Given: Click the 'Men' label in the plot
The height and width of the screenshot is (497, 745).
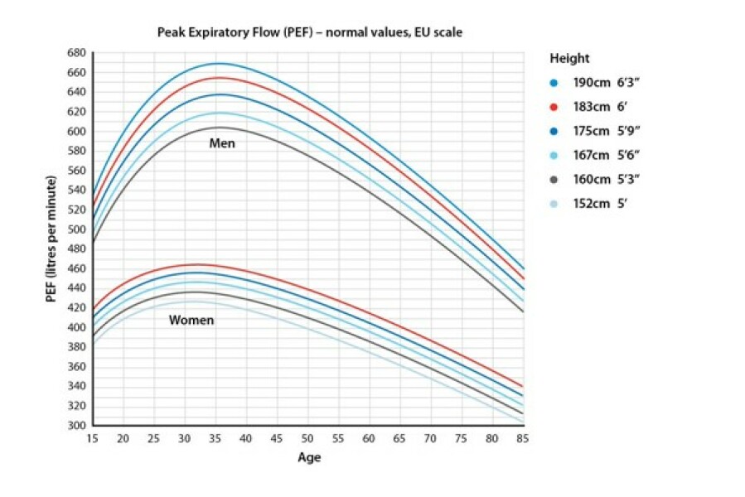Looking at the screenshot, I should click(x=222, y=143).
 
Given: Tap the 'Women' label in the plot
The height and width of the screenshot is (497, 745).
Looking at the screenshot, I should click(x=191, y=321).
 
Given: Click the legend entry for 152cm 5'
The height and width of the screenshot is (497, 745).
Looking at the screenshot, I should click(x=598, y=202).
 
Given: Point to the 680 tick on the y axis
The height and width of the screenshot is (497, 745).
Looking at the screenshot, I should click(x=76, y=53).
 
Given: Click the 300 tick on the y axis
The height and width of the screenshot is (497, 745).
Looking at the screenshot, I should click(x=76, y=426).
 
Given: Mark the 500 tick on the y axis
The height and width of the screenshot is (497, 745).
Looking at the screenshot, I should click(x=76, y=229).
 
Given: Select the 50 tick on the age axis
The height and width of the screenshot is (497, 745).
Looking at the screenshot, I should click(x=308, y=438).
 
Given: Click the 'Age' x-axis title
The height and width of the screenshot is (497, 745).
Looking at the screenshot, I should click(x=308, y=456).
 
